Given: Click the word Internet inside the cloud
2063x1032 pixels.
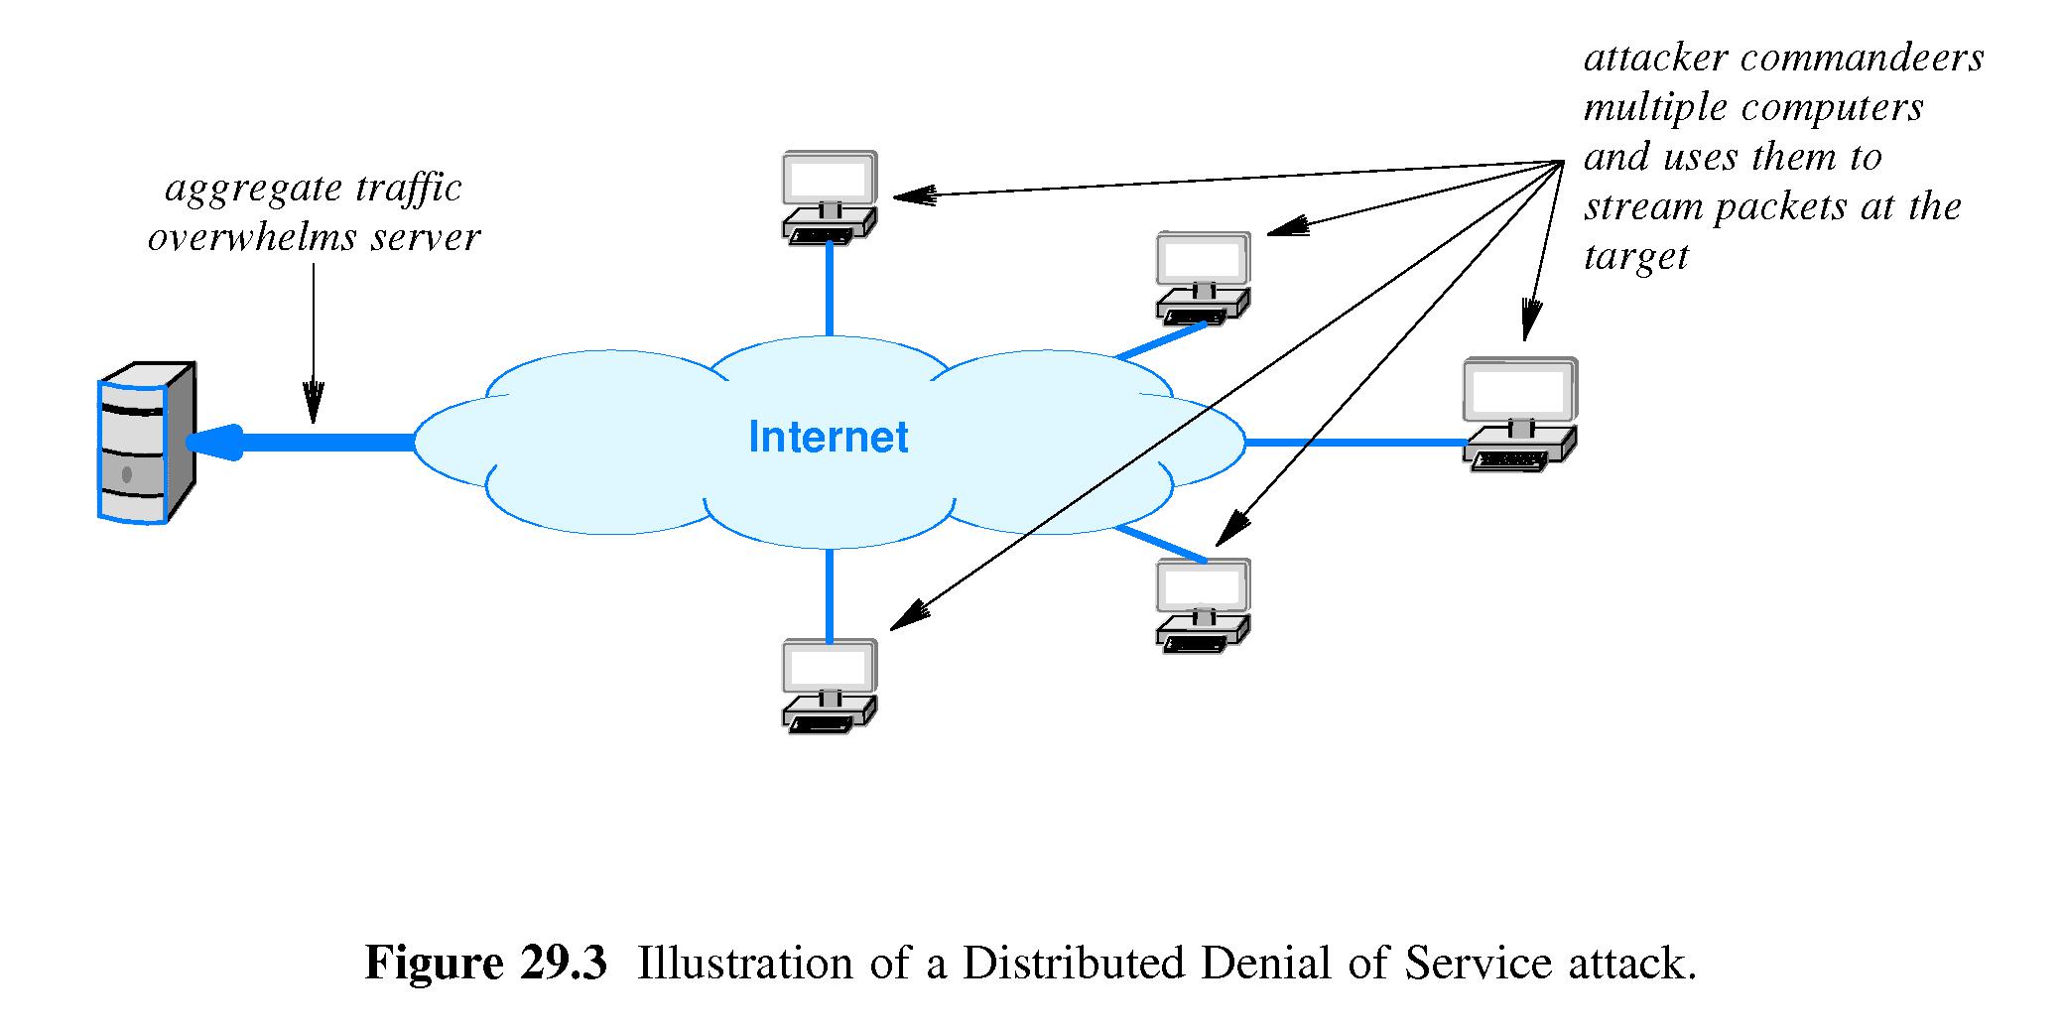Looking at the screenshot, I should (828, 438).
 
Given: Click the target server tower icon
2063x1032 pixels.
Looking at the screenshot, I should (146, 443).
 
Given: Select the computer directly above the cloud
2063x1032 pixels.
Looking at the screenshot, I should (830, 196).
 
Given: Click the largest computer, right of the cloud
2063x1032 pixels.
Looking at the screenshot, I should (1519, 414).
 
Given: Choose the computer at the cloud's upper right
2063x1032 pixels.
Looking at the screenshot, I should (1203, 278).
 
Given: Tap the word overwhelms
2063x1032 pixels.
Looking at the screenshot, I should (252, 238).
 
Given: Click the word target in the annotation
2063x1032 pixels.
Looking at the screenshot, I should (1635, 256).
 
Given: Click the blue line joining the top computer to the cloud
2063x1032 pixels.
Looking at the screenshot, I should (830, 288).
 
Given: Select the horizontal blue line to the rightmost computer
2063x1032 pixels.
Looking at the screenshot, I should (1354, 443).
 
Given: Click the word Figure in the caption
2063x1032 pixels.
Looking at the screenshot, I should (435, 964).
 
